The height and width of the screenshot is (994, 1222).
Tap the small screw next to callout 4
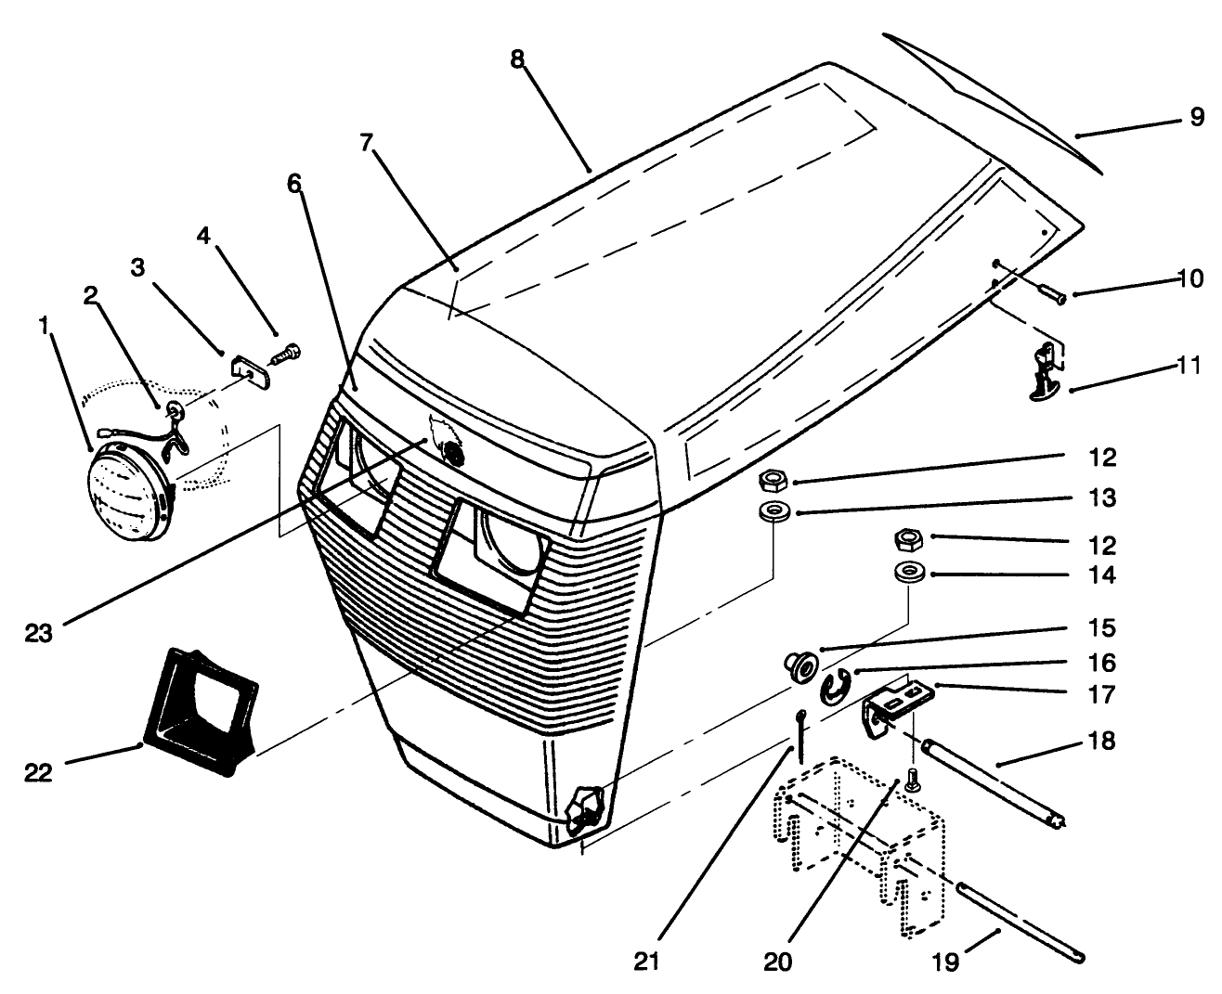click(286, 355)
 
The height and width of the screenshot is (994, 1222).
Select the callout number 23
click(39, 634)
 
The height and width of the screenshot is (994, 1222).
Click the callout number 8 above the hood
click(517, 58)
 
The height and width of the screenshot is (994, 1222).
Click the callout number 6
click(294, 184)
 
